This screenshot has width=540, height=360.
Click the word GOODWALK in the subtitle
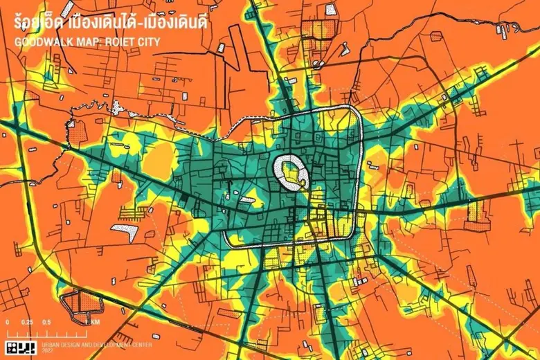37,42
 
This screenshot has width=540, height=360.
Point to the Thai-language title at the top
111,23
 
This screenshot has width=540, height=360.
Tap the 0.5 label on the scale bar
46,323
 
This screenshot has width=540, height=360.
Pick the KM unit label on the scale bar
87,323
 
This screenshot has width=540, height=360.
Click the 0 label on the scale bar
7,323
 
